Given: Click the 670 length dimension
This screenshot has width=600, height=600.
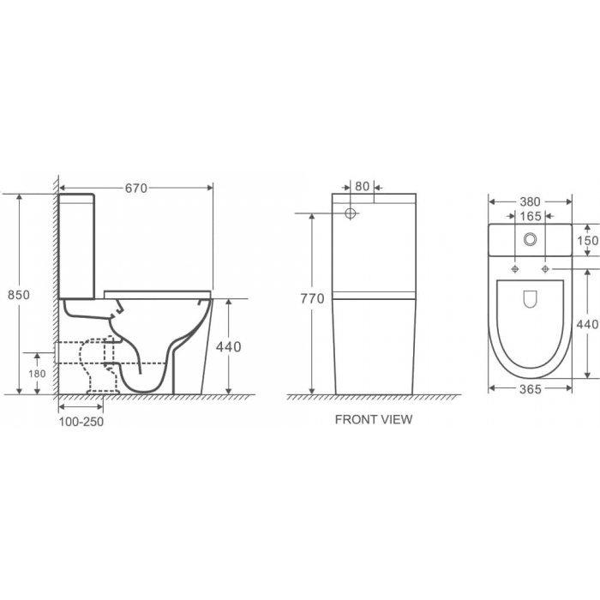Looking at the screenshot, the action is click(x=136, y=188).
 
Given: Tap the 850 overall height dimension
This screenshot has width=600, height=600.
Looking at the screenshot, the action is click(x=19, y=295).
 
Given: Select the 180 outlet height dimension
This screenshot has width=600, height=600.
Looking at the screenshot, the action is click(x=37, y=374).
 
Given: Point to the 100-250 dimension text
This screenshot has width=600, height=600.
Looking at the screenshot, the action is click(x=81, y=422).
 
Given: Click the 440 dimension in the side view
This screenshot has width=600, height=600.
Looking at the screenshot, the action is click(x=229, y=346).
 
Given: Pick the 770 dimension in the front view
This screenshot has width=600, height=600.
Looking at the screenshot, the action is click(x=312, y=298).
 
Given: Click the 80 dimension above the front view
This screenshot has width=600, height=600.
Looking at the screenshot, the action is click(x=362, y=186).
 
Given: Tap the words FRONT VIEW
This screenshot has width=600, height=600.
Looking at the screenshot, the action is click(x=374, y=419).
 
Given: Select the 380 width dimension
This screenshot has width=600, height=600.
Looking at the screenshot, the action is click(x=531, y=202).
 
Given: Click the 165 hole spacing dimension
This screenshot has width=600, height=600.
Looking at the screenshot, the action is click(x=531, y=217).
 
